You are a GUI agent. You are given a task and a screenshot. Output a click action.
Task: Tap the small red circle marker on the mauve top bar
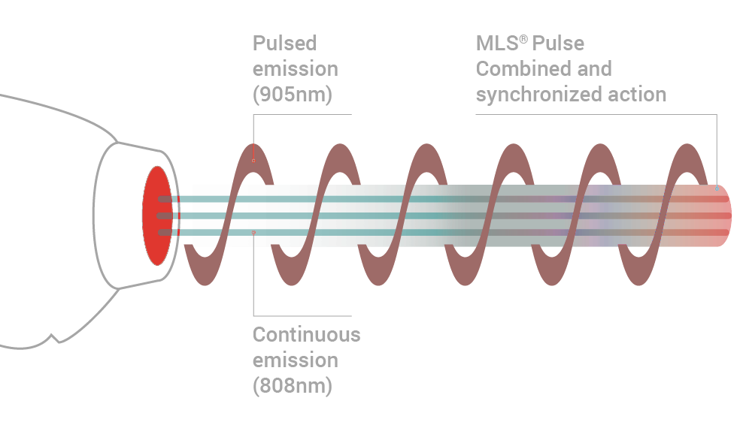click(x=253, y=161)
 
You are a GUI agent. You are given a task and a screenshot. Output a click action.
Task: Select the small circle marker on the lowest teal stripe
click(x=253, y=233)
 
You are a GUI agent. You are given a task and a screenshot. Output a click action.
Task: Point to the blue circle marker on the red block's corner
click(x=716, y=188)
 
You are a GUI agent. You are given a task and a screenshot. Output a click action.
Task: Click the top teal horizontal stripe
click(x=338, y=199)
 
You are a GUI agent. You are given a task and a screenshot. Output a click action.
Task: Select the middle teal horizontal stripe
click(x=338, y=216)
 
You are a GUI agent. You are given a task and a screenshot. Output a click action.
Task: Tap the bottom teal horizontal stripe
click(x=338, y=233)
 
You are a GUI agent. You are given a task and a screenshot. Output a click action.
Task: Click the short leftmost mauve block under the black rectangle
click(x=204, y=267)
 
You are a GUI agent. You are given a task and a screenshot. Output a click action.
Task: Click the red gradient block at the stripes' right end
click(x=703, y=216)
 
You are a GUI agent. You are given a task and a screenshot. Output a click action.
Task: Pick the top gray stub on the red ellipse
click(x=164, y=199)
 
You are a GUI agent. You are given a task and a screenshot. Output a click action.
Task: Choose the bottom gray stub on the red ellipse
click(x=164, y=233)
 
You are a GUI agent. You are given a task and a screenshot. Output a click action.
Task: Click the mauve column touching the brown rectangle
click(x=638, y=330)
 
